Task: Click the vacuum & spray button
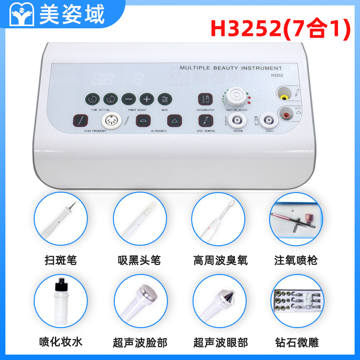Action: coord(204,99)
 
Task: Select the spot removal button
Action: coord(204,121)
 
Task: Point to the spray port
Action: coord(269,120)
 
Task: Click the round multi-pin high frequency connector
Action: coord(111,121)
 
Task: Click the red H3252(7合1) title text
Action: coord(280,28)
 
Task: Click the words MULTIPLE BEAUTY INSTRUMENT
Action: coord(231,68)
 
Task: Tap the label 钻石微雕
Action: coord(297,342)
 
